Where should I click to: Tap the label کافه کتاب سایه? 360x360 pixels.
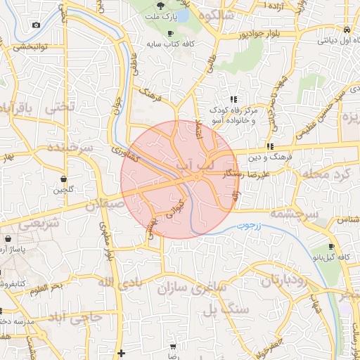point(170,44)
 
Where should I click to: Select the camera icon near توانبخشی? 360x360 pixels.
point(36,25)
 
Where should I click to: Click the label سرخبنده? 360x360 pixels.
point(70,148)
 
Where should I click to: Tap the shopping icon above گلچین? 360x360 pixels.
point(64,179)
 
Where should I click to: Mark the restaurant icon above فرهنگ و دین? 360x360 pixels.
point(269,146)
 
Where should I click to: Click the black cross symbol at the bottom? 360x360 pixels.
point(121,353)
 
